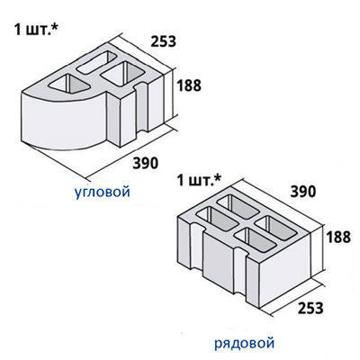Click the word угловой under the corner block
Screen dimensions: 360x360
[x=102, y=192]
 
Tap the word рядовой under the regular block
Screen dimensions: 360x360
[x=244, y=343]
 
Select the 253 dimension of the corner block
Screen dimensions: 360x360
[x=163, y=41]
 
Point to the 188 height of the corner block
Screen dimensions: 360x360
[x=189, y=85]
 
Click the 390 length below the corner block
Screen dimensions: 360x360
[x=145, y=163]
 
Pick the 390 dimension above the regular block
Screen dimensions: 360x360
[x=303, y=192]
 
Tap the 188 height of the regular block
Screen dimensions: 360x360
[x=338, y=237]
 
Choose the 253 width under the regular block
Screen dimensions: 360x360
[x=310, y=308]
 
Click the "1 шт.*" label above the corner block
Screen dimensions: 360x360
[x=36, y=30]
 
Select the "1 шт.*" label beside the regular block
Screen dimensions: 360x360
[x=199, y=181]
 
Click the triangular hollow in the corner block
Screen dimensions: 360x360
[x=69, y=84]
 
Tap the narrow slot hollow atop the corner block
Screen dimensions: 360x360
[x=96, y=62]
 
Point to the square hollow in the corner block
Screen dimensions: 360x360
[x=122, y=74]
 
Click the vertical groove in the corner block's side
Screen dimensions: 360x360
[x=141, y=108]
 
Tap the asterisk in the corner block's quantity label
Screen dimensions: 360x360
[x=56, y=27]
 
